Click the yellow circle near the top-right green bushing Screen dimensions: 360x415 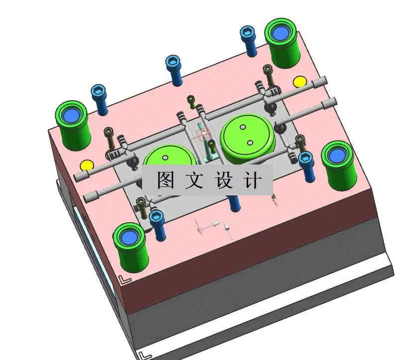click(x=299, y=81)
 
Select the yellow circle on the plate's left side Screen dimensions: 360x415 click(x=87, y=165)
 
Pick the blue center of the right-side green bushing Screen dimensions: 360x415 click(x=337, y=155)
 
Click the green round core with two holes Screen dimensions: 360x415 click(x=247, y=135)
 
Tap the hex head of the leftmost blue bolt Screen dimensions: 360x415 click(x=99, y=91)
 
